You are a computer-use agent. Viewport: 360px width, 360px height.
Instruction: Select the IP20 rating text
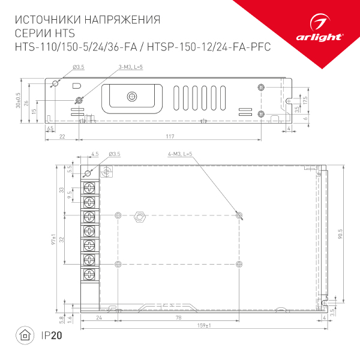click(52, 335)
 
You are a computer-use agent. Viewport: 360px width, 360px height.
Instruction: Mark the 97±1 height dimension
click(53, 239)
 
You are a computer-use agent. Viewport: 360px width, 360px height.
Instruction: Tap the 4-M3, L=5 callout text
click(179, 155)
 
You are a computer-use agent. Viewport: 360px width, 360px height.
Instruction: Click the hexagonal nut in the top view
click(140, 215)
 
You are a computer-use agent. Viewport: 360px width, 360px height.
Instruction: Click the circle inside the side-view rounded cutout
click(132, 95)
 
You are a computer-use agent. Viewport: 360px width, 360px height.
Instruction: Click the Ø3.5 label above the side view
click(77, 66)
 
